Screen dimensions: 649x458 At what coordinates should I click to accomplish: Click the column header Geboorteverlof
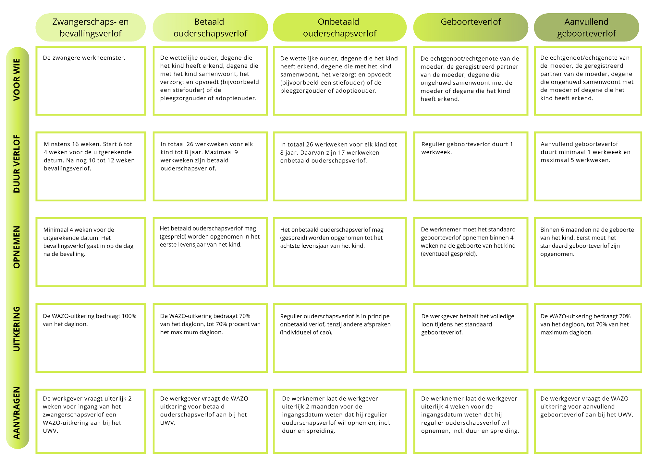coord(471,27)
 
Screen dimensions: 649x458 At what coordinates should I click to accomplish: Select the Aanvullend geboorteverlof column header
coord(586,27)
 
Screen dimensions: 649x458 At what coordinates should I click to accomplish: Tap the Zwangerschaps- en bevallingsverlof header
coord(91,27)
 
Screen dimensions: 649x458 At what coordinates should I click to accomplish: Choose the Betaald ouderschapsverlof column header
coord(210,27)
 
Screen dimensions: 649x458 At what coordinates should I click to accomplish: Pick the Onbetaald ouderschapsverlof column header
coord(340,27)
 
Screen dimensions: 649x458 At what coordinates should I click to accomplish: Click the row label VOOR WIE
coord(17,80)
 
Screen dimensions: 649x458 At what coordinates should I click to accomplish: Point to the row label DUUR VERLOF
coord(17,164)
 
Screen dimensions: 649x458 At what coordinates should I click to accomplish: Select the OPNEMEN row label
coord(17,247)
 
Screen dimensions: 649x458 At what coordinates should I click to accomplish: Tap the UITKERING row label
coord(17,329)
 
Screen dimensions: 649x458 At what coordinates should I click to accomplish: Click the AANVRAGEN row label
coord(17,413)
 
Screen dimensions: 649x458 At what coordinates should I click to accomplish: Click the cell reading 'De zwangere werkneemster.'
coord(91,81)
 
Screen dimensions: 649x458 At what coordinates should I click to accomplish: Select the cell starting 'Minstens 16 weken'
coord(91,166)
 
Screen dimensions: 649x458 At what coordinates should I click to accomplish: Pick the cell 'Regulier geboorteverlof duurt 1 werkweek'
coord(471,166)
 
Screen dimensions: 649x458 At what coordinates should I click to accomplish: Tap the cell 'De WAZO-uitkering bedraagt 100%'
coord(91,338)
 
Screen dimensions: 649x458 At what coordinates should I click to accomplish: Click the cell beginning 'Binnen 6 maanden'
coord(588,252)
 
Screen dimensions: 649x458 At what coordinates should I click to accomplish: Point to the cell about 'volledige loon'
coord(471,338)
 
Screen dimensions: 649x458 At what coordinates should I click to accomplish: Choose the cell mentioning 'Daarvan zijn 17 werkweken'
coord(340,166)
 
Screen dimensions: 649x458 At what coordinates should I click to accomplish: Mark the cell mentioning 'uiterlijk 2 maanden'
coord(340,421)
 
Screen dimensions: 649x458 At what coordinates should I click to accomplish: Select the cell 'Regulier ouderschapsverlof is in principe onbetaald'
coord(340,338)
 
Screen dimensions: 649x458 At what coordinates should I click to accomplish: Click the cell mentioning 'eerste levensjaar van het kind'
coord(210,252)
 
